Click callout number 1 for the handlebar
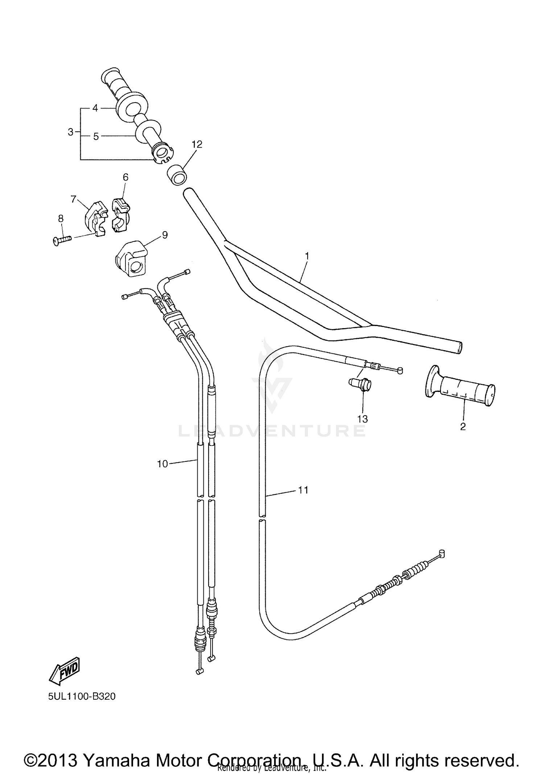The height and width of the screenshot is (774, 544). coord(307,256)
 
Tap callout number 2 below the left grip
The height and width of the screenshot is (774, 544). coord(463,427)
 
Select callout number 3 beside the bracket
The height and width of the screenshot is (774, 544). coord(71,132)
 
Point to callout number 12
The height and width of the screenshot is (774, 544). coord(197,144)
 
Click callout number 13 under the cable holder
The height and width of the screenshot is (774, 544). coord(362,419)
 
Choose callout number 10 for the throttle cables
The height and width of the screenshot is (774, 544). coord(162,464)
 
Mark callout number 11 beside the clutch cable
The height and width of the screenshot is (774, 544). coord(303,490)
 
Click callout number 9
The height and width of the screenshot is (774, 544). coord(165,235)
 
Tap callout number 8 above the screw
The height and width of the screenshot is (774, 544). coord(61,219)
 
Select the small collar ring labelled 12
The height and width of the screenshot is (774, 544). coord(177,175)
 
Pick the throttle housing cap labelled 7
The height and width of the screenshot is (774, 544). coord(94,219)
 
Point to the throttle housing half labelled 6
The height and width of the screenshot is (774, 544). coord(121,214)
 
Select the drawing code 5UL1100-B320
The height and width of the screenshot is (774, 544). coord(82,696)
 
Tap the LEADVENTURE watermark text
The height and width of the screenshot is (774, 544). coord(272,431)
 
